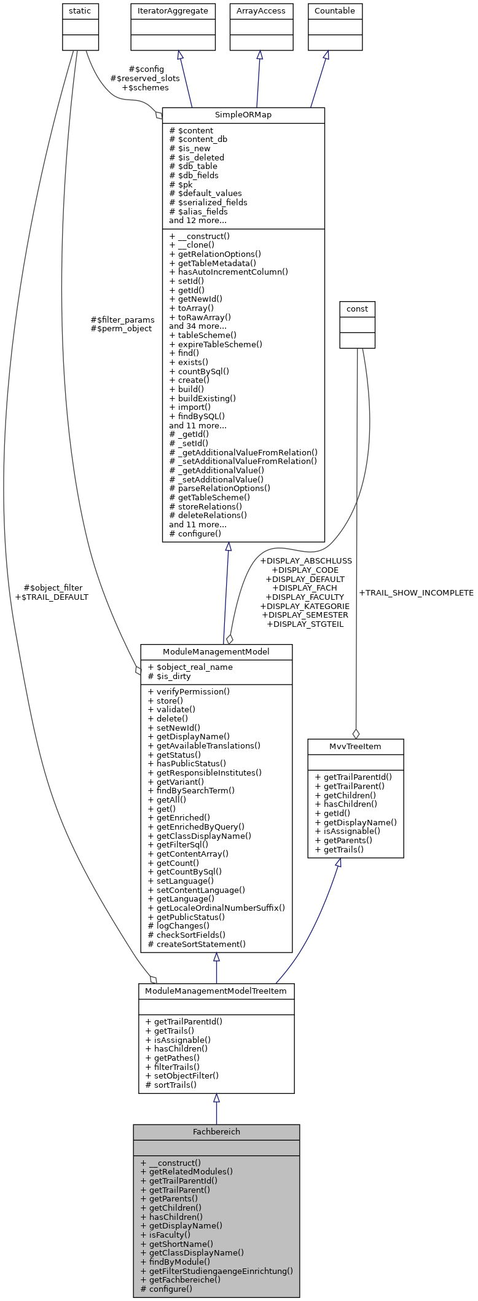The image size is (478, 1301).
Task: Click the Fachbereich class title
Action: click(216, 1131)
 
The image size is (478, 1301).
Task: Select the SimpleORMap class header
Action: click(243, 115)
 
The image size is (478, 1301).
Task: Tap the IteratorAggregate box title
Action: click(173, 11)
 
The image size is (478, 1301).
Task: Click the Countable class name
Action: click(334, 11)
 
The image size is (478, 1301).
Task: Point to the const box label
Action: click(357, 309)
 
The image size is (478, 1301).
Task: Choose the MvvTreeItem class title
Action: click(355, 746)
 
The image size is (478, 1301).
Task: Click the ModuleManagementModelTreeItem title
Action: click(216, 991)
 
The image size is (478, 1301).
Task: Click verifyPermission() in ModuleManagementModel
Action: click(189, 691)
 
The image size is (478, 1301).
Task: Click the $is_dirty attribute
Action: click(170, 676)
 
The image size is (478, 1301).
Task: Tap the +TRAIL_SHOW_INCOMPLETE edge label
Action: click(416, 593)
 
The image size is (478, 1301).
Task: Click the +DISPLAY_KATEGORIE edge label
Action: click(305, 606)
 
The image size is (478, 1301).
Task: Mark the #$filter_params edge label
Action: click(122, 320)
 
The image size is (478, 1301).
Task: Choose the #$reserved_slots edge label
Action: click(145, 78)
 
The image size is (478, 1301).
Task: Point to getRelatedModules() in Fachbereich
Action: click(186, 1171)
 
